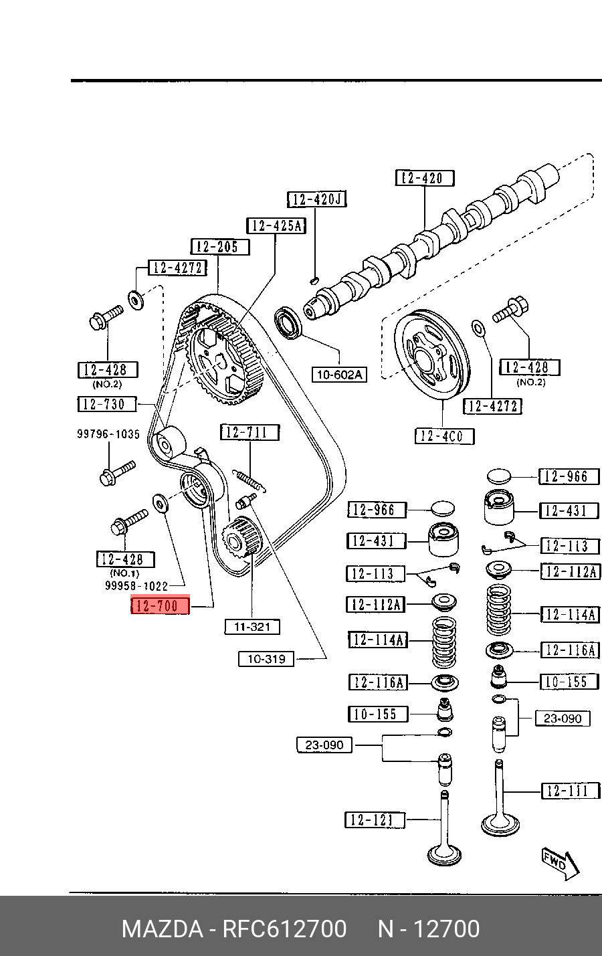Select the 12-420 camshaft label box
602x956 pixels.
[425, 178]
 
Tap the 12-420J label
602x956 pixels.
[317, 199]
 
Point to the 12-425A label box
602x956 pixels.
[276, 225]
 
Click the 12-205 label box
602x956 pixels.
[219, 247]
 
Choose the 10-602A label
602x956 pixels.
[339, 375]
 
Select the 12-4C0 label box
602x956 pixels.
[444, 436]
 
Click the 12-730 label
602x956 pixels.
[107, 404]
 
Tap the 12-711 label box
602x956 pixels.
[251, 432]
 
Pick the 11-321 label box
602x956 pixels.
[252, 627]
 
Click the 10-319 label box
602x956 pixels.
[266, 659]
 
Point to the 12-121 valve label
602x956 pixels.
[375, 820]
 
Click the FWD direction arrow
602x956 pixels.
[559, 863]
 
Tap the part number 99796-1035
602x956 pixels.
[108, 434]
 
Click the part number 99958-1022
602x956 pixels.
[136, 586]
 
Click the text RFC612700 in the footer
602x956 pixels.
[284, 929]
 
